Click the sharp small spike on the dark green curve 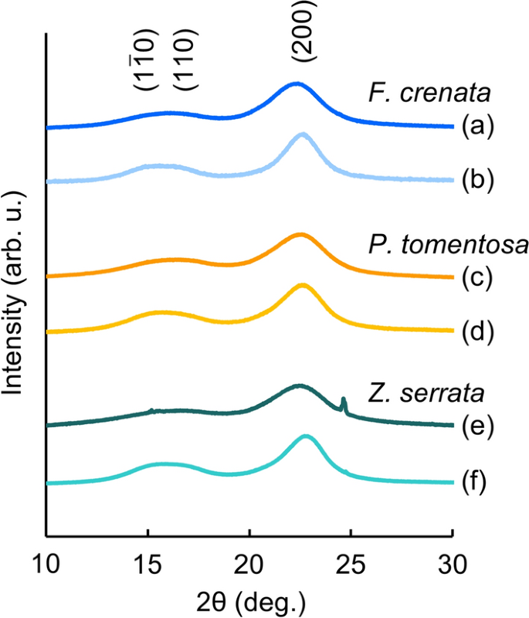[344, 402]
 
